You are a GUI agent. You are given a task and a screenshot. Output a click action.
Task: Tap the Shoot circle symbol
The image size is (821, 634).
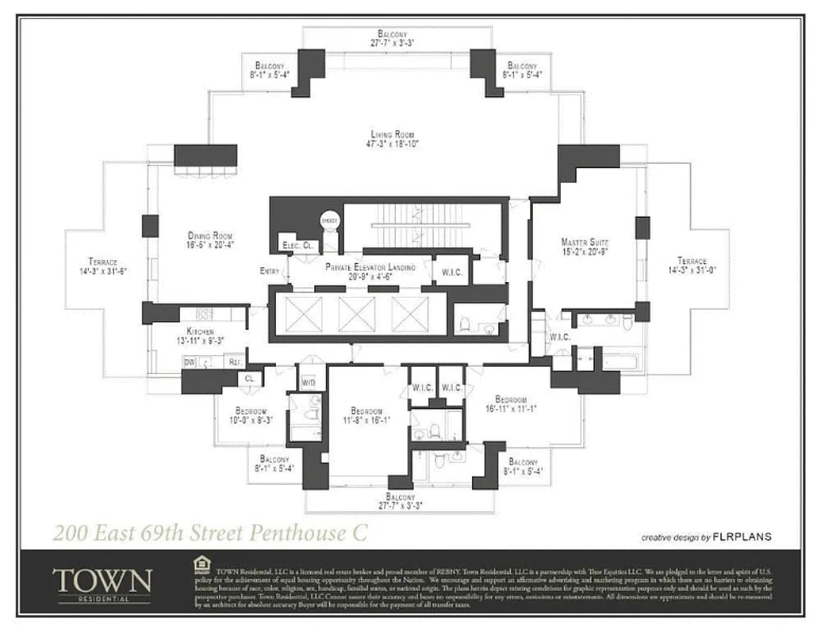coord(329,221)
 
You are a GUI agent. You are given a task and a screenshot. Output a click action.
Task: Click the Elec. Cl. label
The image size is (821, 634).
coord(297,246)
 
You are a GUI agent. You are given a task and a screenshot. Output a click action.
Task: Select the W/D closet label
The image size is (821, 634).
coord(309,383)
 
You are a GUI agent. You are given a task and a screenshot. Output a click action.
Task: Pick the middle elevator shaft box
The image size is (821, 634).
coord(356,314)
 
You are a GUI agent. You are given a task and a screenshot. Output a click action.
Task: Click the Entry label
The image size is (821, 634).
coord(269,271)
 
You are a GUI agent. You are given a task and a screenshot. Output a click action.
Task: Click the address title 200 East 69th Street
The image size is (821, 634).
coord(210,532)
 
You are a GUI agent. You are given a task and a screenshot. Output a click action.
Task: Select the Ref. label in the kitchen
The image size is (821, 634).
coord(234,361)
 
